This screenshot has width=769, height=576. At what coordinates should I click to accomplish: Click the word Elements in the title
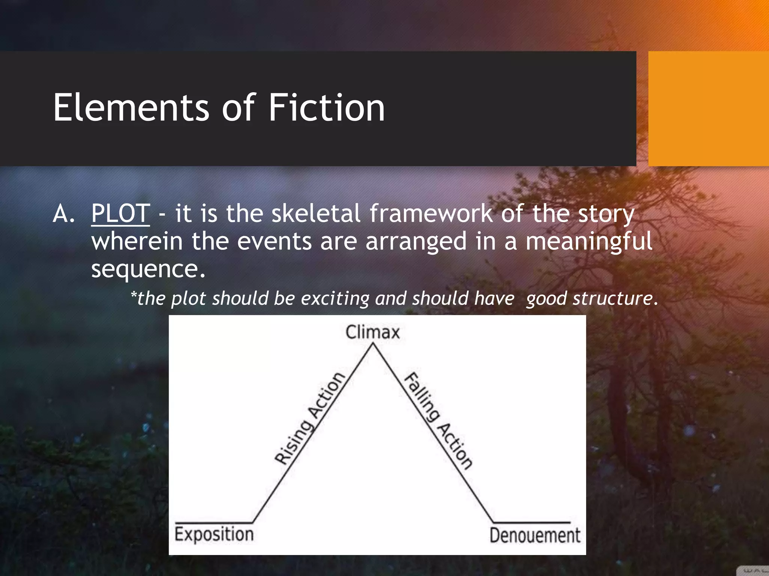point(131,108)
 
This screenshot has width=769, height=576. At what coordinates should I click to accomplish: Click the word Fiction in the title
point(327,108)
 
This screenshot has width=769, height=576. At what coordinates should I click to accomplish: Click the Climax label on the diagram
point(372,332)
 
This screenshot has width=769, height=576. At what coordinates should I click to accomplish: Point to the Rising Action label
point(310,418)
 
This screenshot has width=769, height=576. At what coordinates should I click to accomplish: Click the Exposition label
point(214,534)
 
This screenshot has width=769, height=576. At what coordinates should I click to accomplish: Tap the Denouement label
point(535,535)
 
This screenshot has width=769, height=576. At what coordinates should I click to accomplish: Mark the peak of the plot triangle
point(373,344)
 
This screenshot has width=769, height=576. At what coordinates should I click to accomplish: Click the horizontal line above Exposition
point(214,522)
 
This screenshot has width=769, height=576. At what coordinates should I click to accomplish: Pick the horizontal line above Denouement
point(531,522)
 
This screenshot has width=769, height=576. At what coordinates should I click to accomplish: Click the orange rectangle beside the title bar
point(708,109)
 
